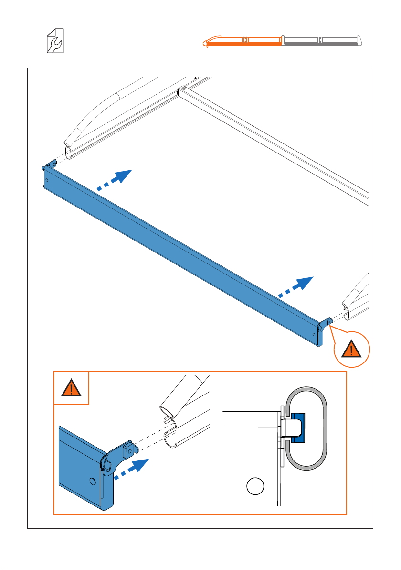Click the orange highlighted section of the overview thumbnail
pos(243,40)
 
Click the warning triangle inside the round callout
pos(352,350)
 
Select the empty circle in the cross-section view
pos(255,486)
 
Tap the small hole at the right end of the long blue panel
pos(313,334)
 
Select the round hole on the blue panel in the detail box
pos(93,479)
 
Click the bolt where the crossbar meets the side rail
pos(183,89)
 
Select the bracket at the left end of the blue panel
pos(50,164)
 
